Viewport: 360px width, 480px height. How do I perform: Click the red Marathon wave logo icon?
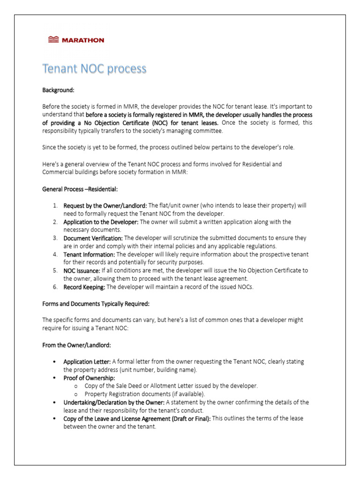coord(54,40)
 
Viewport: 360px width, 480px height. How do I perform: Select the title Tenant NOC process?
coord(94,69)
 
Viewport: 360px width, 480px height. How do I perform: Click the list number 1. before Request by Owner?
coord(55,205)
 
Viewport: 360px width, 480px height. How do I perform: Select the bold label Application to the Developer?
coord(101,222)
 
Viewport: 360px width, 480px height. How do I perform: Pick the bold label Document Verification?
coord(93,238)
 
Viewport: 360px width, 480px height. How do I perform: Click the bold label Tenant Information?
coord(89,254)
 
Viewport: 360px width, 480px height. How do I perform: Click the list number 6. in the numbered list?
coord(55,287)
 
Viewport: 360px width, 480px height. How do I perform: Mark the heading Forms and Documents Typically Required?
coord(96,303)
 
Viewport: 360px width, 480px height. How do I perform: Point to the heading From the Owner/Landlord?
coord(76,345)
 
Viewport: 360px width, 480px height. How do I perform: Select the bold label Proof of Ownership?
coord(89,378)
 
